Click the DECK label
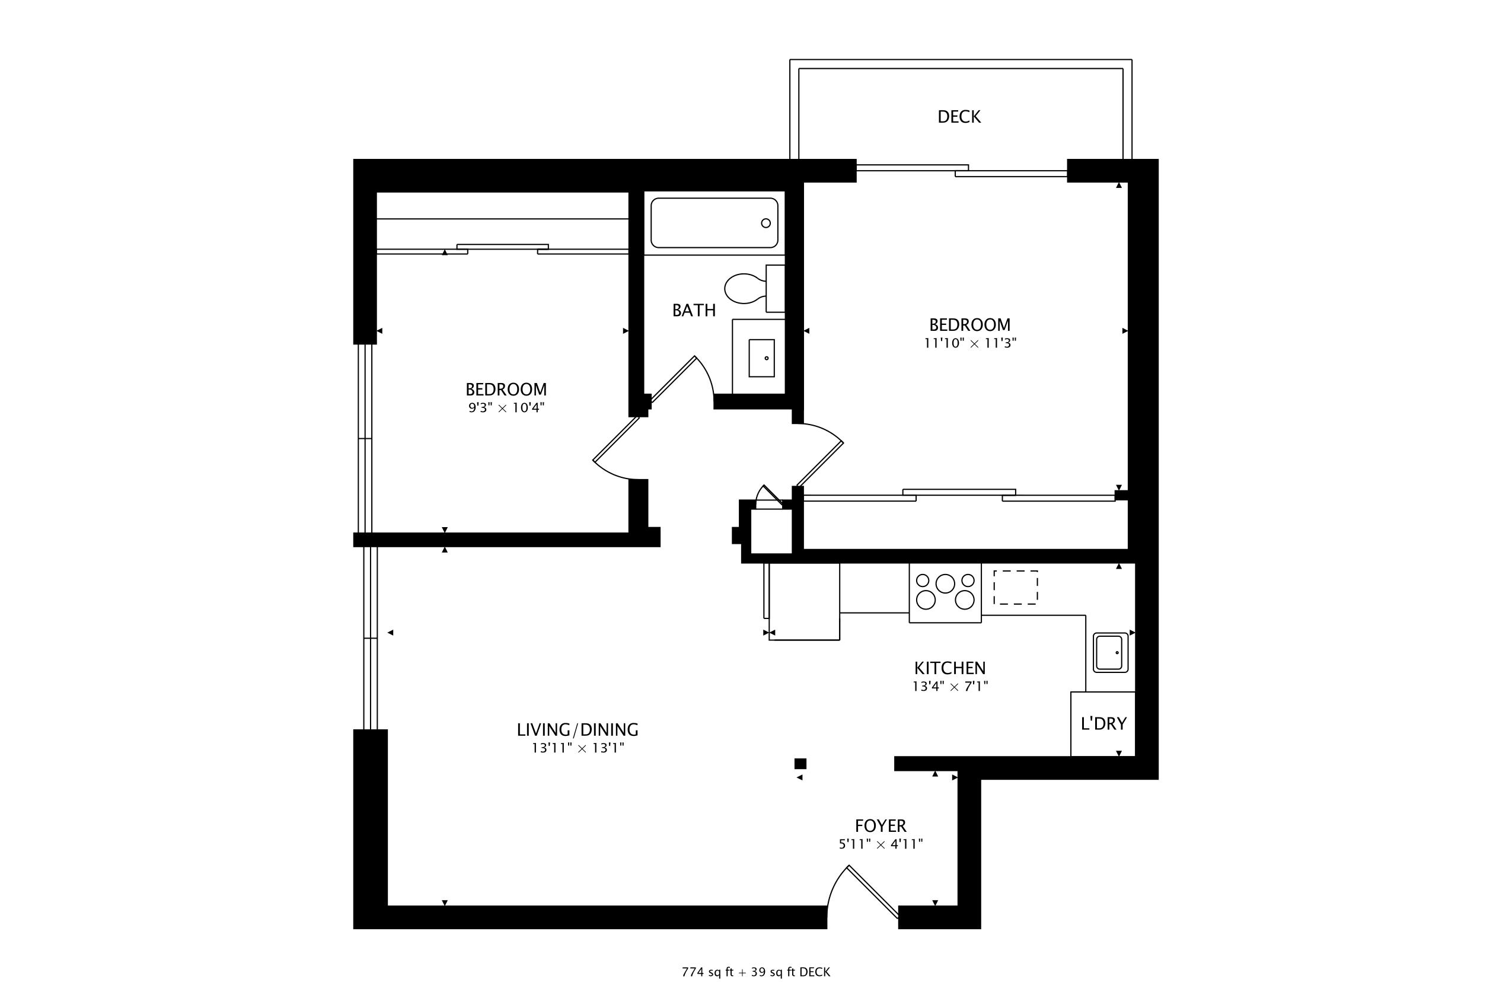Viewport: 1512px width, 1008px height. point(959,116)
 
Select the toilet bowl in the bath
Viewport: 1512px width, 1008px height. point(744,289)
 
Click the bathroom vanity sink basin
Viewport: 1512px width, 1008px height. point(761,358)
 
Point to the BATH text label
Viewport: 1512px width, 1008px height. point(694,311)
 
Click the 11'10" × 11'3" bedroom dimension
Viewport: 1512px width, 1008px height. point(969,343)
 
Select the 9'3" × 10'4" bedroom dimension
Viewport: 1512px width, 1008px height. point(506,407)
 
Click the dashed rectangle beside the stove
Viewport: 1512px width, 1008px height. point(1015,588)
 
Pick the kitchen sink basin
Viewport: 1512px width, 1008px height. point(1110,652)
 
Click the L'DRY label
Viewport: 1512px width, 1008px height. point(1103,724)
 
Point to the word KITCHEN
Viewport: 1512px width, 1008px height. point(949,668)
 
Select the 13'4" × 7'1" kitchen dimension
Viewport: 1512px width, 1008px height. point(949,687)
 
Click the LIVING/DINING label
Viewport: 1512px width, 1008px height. point(578,730)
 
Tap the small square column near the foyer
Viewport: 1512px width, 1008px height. point(800,764)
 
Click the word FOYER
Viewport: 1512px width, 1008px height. point(880,825)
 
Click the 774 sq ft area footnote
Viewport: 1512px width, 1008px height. point(756,972)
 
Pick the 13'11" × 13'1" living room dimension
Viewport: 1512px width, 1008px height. point(578,748)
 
